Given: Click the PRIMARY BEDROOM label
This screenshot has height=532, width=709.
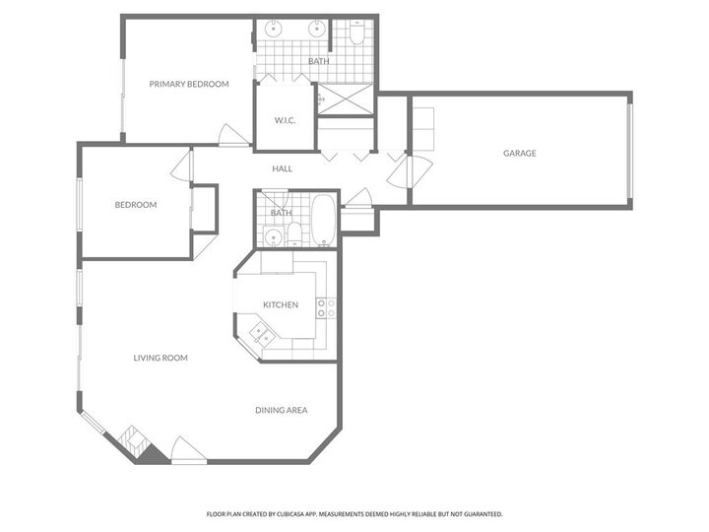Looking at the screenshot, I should coord(189,84).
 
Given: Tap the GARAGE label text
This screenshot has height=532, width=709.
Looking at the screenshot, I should coord(519,153).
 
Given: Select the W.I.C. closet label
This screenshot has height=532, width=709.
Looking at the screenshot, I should coord(285,121).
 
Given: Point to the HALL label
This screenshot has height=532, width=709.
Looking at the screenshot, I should coord(283,168).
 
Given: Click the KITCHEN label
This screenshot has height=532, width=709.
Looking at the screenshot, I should coord(280,304).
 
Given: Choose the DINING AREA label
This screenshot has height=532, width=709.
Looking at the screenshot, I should coord(282,410).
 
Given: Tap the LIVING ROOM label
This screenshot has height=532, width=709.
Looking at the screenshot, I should coord(161,358).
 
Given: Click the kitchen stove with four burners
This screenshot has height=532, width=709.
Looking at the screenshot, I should coord(327,307).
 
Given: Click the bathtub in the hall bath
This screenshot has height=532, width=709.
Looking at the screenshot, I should coord(323,222).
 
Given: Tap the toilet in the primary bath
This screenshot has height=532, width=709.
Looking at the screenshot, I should coord(357,35).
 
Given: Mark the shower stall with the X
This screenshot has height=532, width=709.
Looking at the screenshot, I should coord(345,100).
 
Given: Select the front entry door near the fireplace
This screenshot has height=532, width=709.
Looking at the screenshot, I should coord(188,452).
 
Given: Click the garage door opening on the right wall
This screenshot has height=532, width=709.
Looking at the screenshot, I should coord(628,149).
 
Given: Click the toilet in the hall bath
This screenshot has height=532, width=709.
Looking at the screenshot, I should coord(293,233).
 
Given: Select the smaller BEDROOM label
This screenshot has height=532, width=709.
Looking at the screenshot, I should coord(136,205).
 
